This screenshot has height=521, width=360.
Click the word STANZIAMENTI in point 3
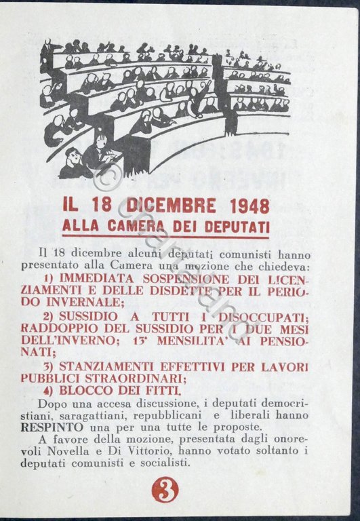[107, 366]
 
